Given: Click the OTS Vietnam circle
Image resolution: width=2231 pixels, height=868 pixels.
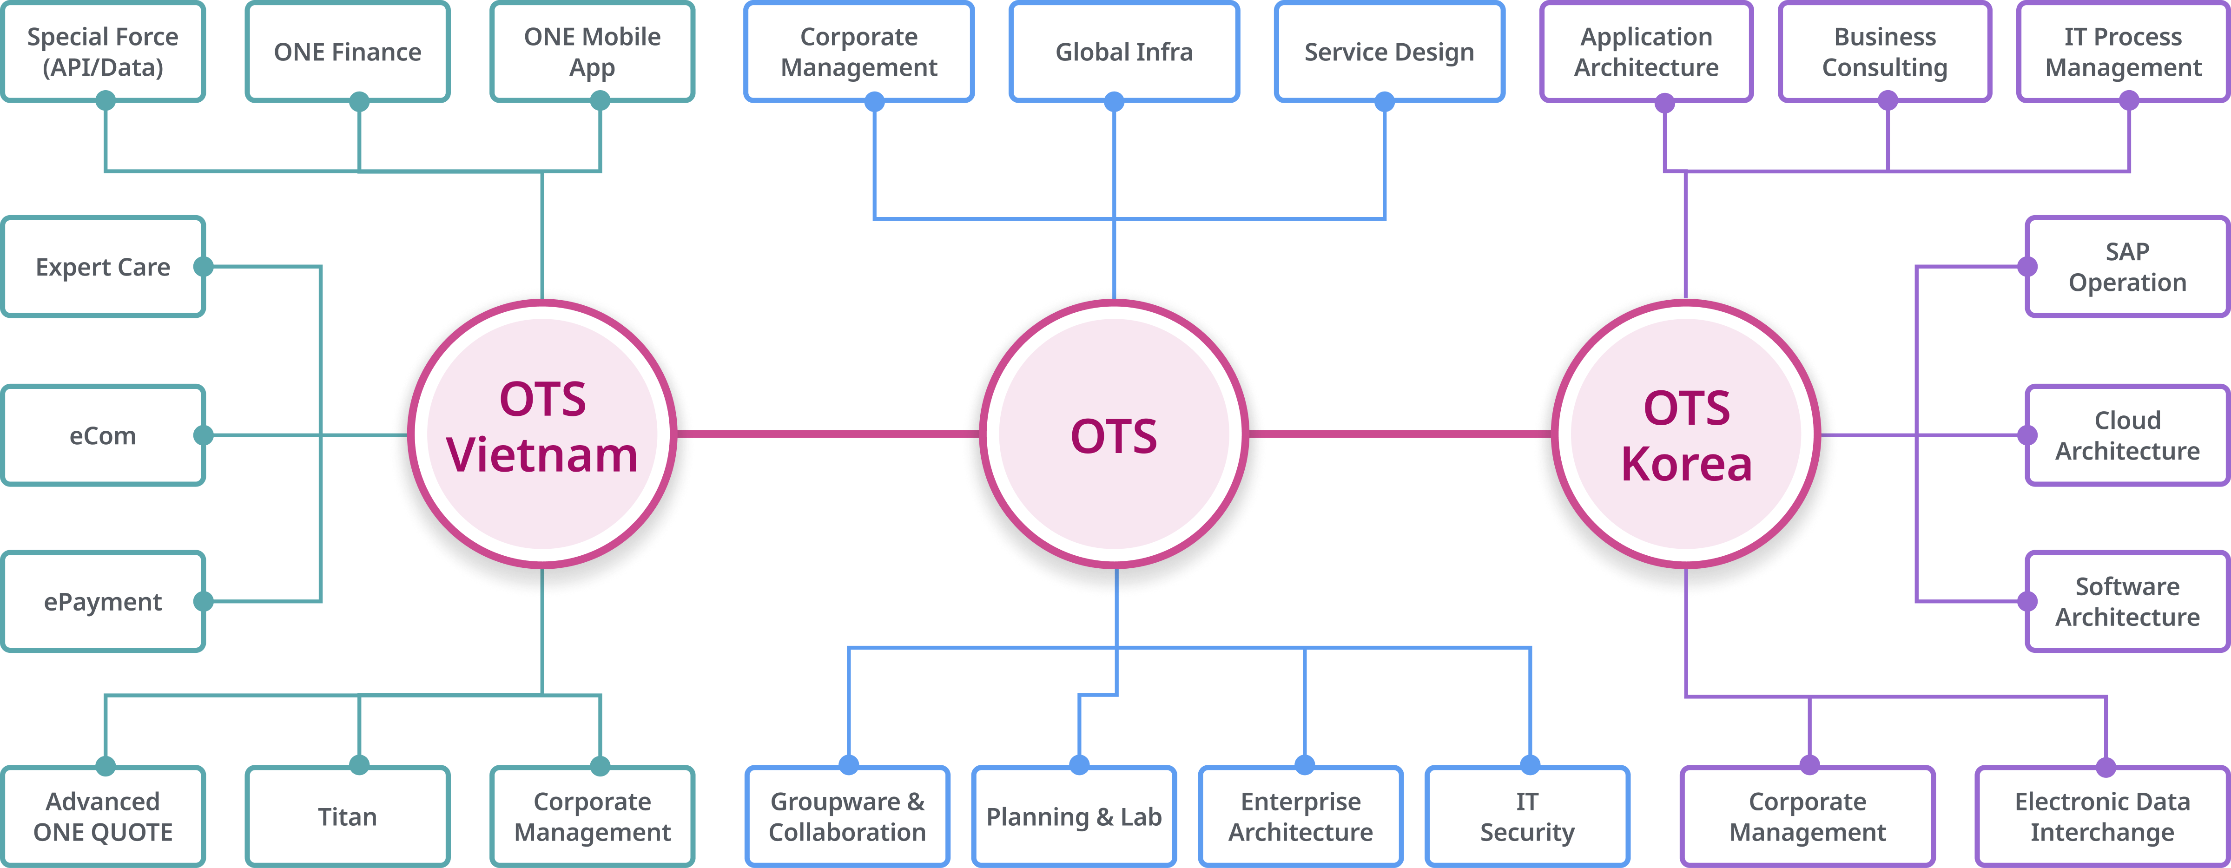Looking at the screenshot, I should tap(542, 433).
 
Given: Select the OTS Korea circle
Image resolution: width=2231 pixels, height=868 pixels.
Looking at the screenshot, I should tap(1686, 433).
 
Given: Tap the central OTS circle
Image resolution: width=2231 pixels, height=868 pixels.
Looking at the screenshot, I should tap(1115, 433).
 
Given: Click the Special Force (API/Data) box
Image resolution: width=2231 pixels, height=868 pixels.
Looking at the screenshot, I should tap(103, 52).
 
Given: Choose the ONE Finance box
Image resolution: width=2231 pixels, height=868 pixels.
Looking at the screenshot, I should tap(347, 52).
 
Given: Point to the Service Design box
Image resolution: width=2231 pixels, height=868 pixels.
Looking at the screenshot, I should tap(1389, 52).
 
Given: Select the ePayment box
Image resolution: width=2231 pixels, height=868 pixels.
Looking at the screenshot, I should tap(103, 601).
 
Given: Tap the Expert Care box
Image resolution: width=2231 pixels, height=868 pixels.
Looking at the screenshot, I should tap(103, 267).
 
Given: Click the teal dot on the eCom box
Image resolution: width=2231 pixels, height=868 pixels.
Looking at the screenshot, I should tap(204, 435).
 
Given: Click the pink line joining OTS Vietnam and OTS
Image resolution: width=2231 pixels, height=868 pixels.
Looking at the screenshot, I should tap(827, 433).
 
